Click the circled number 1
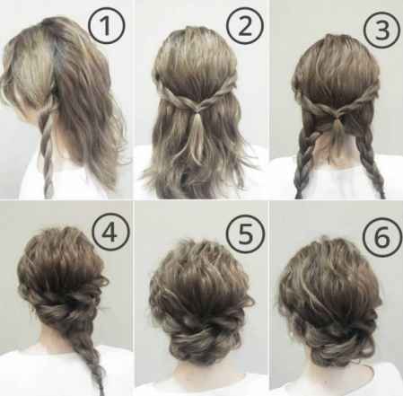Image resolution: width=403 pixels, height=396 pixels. point(106,26)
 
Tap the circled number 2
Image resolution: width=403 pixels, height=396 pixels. point(245,26)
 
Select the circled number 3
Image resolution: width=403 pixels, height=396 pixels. point(381,31)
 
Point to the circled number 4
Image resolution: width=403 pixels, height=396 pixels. point(110,232)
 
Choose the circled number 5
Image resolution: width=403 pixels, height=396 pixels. point(246,233)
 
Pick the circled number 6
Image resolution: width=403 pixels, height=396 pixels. point(382,236)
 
